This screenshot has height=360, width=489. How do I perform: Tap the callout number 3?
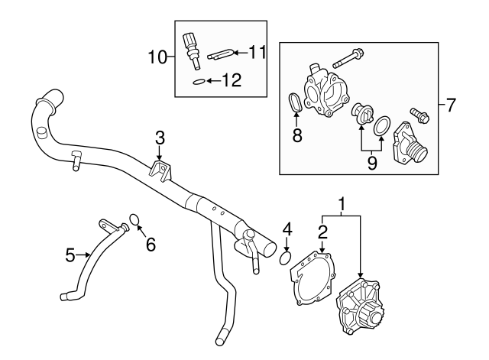(x=159, y=138)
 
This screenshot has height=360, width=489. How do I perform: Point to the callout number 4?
(x=287, y=229)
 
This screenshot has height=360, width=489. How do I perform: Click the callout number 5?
(x=70, y=256)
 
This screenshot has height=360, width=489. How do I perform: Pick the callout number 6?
(x=150, y=245)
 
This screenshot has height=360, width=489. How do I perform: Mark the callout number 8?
(x=297, y=136)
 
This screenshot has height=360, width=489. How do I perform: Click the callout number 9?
(x=371, y=162)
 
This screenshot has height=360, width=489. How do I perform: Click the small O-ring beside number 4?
(x=284, y=257)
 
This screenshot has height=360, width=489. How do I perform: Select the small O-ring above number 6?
(x=134, y=221)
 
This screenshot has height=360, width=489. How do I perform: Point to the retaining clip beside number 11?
(x=221, y=53)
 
